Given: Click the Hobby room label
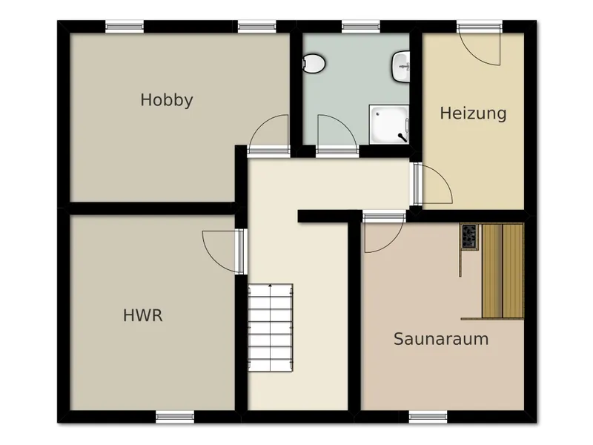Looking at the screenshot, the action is [167, 100].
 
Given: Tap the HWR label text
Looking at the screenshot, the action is [143, 316].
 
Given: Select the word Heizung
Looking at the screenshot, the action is [473, 113].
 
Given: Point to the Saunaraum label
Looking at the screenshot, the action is [441, 339].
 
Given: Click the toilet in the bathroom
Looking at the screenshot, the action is [314, 64].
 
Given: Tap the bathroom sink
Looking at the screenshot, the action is [400, 67].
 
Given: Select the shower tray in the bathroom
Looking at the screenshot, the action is [389, 125].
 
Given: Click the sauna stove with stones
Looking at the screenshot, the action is [469, 237].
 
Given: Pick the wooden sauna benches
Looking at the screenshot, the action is [503, 271].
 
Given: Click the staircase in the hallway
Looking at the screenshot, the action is [271, 327].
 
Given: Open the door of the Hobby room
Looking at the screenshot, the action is [269, 135].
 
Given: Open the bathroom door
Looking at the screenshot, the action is [337, 135].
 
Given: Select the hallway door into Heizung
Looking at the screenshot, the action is [432, 183].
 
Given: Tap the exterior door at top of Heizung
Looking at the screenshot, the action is [479, 45].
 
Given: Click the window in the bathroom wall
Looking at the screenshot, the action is [361, 27].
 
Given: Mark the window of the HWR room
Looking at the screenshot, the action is [175, 417].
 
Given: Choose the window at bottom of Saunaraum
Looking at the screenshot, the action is [428, 417].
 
